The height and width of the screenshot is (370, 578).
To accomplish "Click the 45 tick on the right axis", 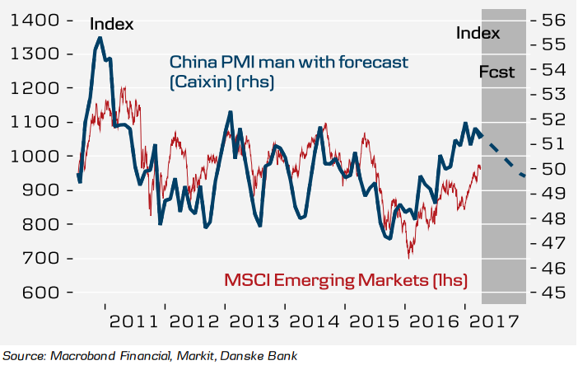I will pyautogui.click(x=552, y=293).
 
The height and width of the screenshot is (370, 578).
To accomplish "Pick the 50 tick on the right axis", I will pyautogui.click(x=552, y=169).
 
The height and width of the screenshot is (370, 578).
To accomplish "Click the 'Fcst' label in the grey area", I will pyautogui.click(x=496, y=73).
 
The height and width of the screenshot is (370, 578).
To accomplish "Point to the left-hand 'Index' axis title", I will pyautogui.click(x=111, y=25).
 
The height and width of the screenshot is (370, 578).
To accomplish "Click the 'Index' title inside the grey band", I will pyautogui.click(x=478, y=33).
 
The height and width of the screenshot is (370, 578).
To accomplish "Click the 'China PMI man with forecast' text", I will pyautogui.click(x=288, y=63).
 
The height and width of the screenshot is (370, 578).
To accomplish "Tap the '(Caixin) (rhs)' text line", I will pyautogui.click(x=221, y=82).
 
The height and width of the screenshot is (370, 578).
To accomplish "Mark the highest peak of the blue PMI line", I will pyautogui.click(x=100, y=38).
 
